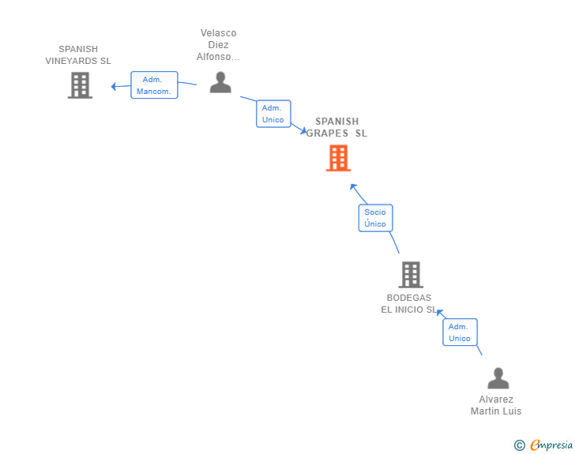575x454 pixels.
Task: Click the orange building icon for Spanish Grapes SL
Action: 339,158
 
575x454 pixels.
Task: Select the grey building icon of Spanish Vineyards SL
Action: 80,85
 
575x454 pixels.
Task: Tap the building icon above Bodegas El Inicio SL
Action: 411,275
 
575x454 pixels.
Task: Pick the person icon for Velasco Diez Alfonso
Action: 220,82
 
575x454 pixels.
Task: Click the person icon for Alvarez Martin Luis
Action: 498,378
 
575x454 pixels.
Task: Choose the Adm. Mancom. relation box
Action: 154,85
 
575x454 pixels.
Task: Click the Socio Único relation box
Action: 375,218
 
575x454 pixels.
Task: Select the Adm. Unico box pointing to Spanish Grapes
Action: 273,114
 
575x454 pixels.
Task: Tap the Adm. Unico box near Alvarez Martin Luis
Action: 460,332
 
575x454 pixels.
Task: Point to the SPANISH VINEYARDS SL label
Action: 78,55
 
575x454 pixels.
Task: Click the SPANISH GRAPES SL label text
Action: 336,127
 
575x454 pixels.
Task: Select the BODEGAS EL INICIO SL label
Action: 408,304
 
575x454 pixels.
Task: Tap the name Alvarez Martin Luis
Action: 496,405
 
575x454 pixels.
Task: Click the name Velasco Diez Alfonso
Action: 218,45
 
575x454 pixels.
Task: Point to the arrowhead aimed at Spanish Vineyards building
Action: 114,87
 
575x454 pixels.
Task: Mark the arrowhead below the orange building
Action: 353,186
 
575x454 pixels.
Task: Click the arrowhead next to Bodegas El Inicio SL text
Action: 439,313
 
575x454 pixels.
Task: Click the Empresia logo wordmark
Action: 551,445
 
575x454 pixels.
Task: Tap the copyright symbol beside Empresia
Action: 520,445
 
